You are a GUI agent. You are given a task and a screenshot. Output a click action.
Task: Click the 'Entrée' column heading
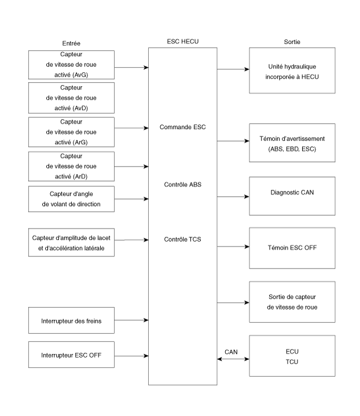coord(71,43)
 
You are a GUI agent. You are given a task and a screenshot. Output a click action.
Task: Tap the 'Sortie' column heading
coord(292,42)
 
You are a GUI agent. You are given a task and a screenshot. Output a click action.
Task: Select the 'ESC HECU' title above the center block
coord(183,42)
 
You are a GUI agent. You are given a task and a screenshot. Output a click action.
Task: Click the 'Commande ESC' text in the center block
coord(183,127)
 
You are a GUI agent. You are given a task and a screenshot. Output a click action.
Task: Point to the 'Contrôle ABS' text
coord(183,185)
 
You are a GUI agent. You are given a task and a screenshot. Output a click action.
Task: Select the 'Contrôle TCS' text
coord(183,240)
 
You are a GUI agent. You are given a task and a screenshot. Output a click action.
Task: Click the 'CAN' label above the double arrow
coord(231,352)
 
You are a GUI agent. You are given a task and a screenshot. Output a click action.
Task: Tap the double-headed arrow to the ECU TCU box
coord(233,359)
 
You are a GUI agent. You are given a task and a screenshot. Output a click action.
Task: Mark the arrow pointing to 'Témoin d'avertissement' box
coord(233,141)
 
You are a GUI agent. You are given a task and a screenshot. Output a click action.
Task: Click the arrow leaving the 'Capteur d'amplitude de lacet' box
coord(131,240)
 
